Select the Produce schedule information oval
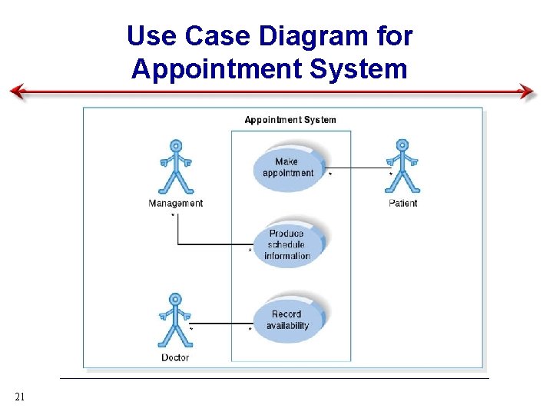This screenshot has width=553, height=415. click(x=287, y=244)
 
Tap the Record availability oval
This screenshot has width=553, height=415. click(x=288, y=320)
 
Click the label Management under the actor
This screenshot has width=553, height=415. click(x=176, y=204)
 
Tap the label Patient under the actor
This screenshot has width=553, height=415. click(x=403, y=204)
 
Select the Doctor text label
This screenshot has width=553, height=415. click(x=175, y=358)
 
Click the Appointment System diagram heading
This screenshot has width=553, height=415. click(x=290, y=120)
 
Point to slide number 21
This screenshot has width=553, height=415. click(x=21, y=397)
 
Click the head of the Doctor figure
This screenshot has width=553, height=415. click(x=175, y=299)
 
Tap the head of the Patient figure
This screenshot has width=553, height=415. click(x=400, y=144)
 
